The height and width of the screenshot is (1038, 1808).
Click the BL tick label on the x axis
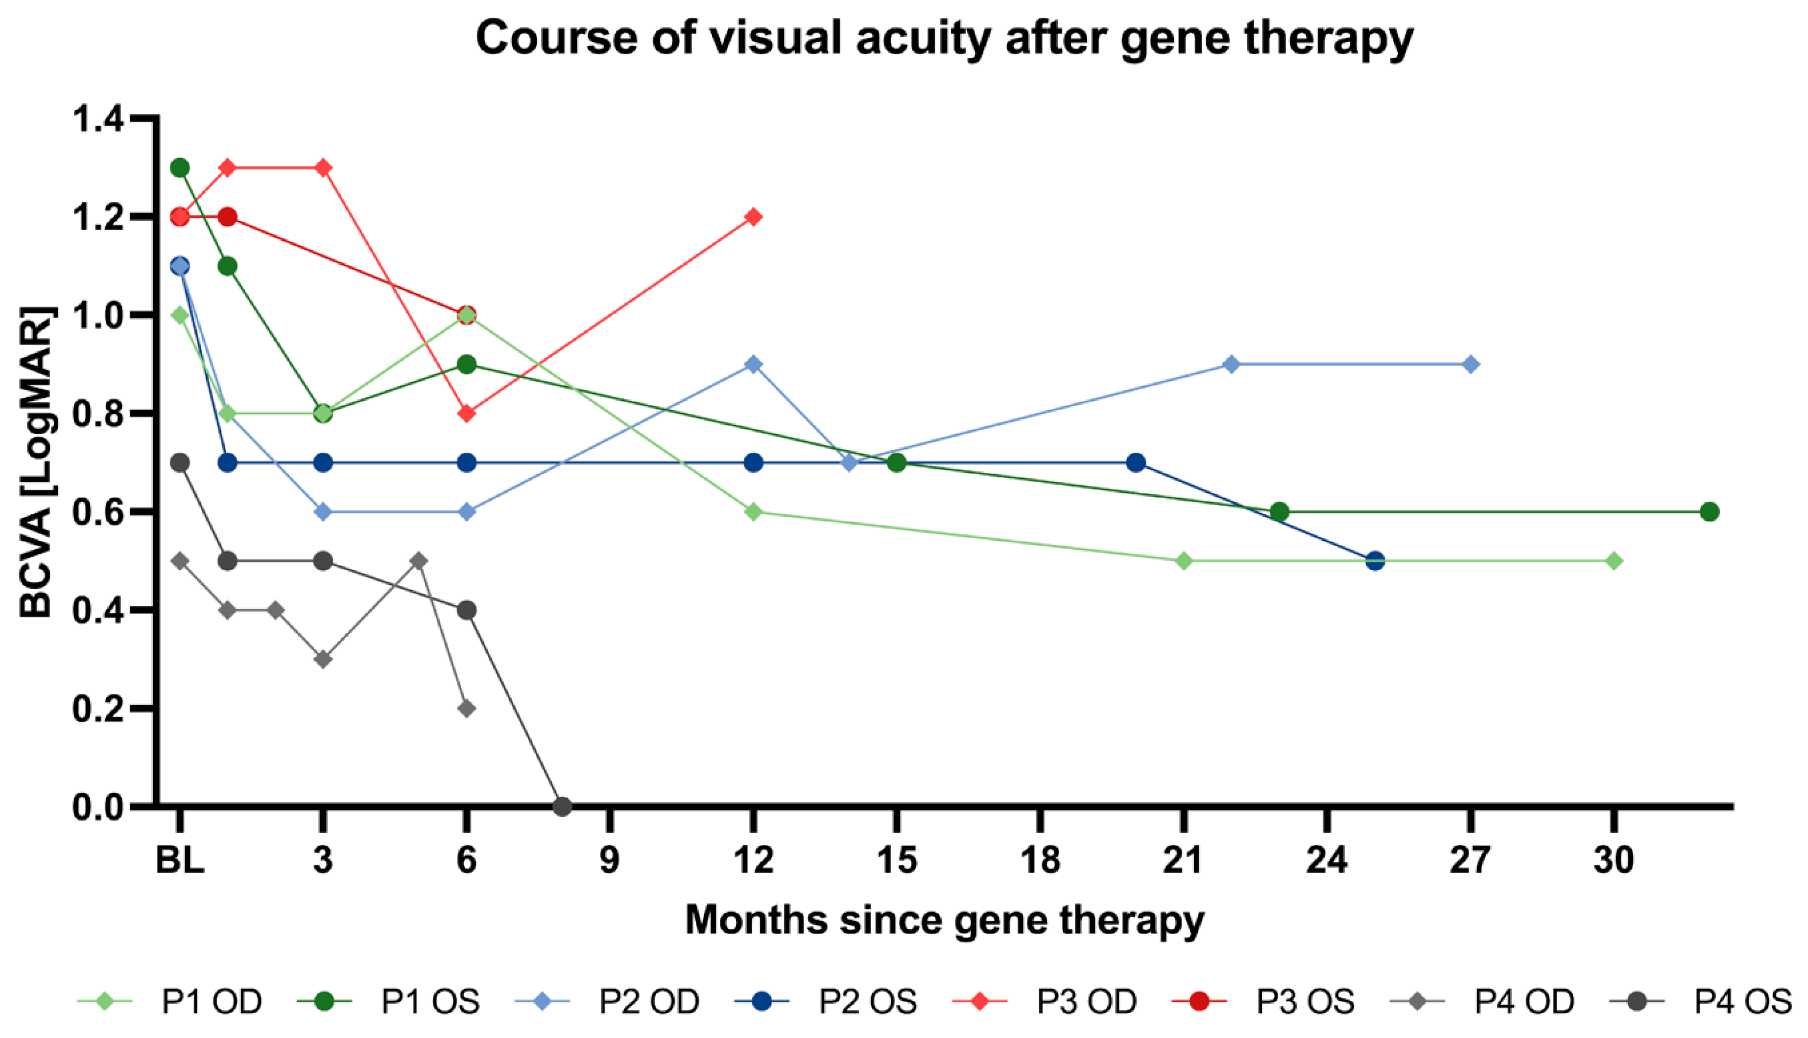pyautogui.click(x=180, y=860)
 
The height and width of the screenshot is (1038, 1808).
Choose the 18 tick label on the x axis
pyautogui.click(x=1041, y=860)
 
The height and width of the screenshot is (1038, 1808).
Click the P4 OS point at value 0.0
pyautogui.click(x=562, y=807)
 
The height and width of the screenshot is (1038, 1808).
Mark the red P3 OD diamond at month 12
pyautogui.click(x=753, y=217)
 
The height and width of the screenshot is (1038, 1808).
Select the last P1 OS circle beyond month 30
pyautogui.click(x=1710, y=512)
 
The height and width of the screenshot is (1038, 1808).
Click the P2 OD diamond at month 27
pyautogui.click(x=1471, y=364)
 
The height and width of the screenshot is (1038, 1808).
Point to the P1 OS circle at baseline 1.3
pyautogui.click(x=180, y=167)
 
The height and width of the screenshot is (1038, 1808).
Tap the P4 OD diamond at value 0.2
pyautogui.click(x=466, y=709)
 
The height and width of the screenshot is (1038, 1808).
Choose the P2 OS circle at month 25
pyautogui.click(x=1375, y=561)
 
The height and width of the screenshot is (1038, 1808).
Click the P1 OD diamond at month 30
pyautogui.click(x=1614, y=561)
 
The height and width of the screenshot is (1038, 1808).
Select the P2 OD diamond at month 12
pyautogui.click(x=753, y=364)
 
